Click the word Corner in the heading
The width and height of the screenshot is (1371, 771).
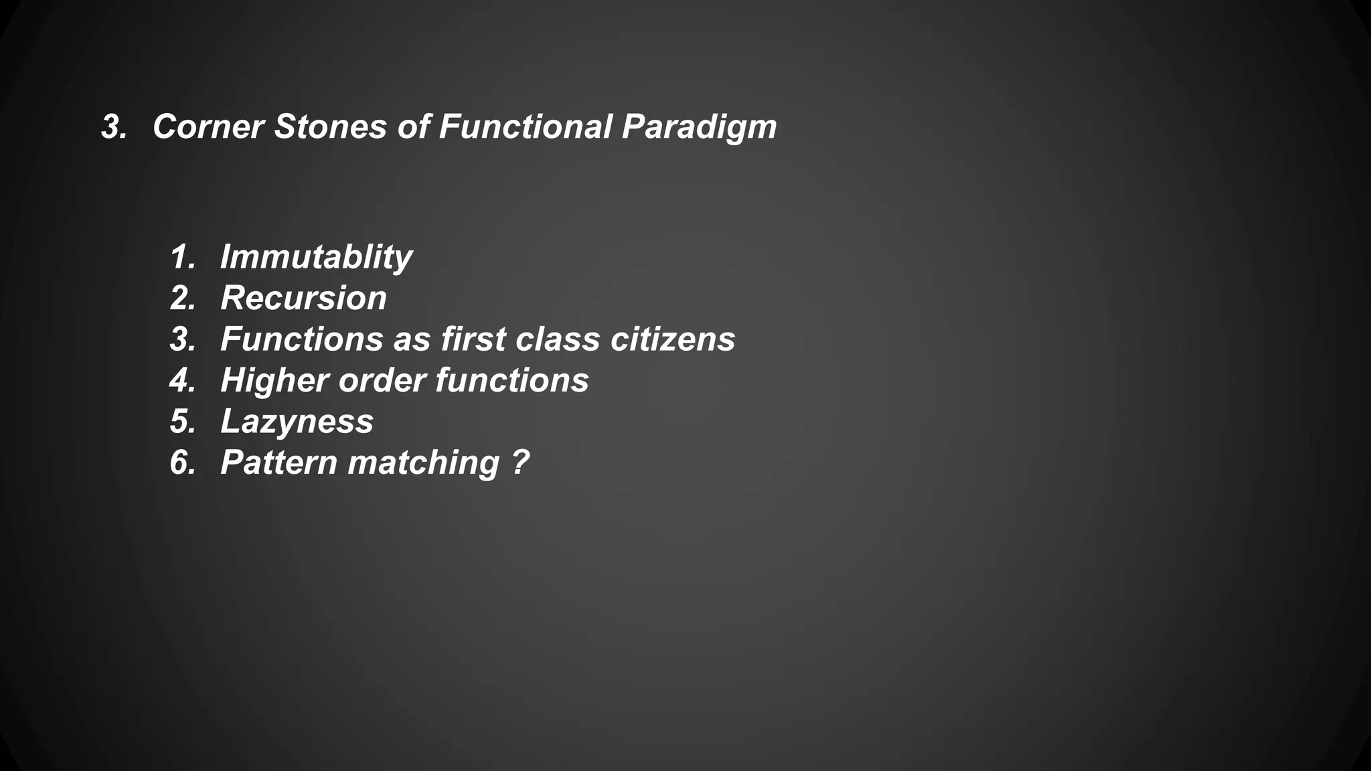tap(208, 126)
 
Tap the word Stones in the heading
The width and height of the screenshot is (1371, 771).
tap(331, 126)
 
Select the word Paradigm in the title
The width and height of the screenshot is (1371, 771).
tap(699, 128)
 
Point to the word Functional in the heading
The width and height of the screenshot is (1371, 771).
tap(526, 126)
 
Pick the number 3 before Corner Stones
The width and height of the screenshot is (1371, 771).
tap(112, 126)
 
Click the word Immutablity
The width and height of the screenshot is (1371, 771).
tap(316, 258)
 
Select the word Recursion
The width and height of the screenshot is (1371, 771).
tap(303, 298)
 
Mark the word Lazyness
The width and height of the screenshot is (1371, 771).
tap(297, 422)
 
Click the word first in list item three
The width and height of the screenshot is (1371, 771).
tap(473, 339)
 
